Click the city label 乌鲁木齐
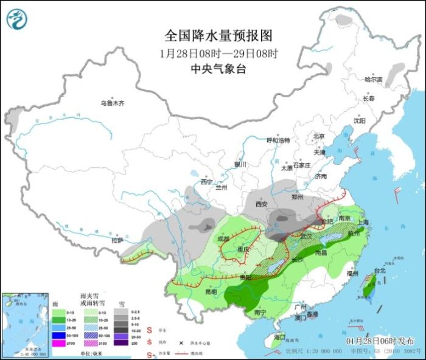112,103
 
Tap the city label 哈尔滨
373,80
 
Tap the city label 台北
379,271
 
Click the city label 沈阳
360,120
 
